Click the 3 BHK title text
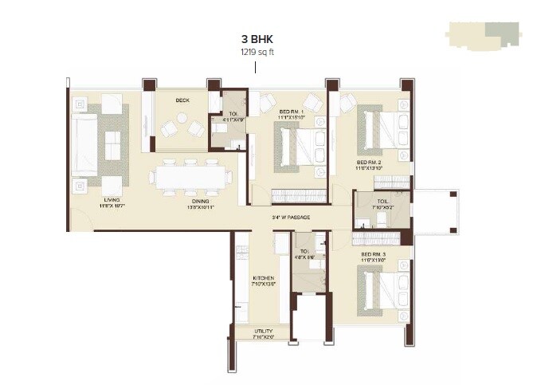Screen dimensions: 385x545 [x=254, y=38]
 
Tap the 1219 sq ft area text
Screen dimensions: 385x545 [x=254, y=52]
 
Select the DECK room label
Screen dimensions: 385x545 [x=182, y=100]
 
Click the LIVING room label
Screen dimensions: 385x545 [x=111, y=201]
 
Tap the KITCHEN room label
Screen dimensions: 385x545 [x=263, y=278]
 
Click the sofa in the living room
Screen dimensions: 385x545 [x=86, y=142]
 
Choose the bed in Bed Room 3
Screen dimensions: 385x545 [x=379, y=292]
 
